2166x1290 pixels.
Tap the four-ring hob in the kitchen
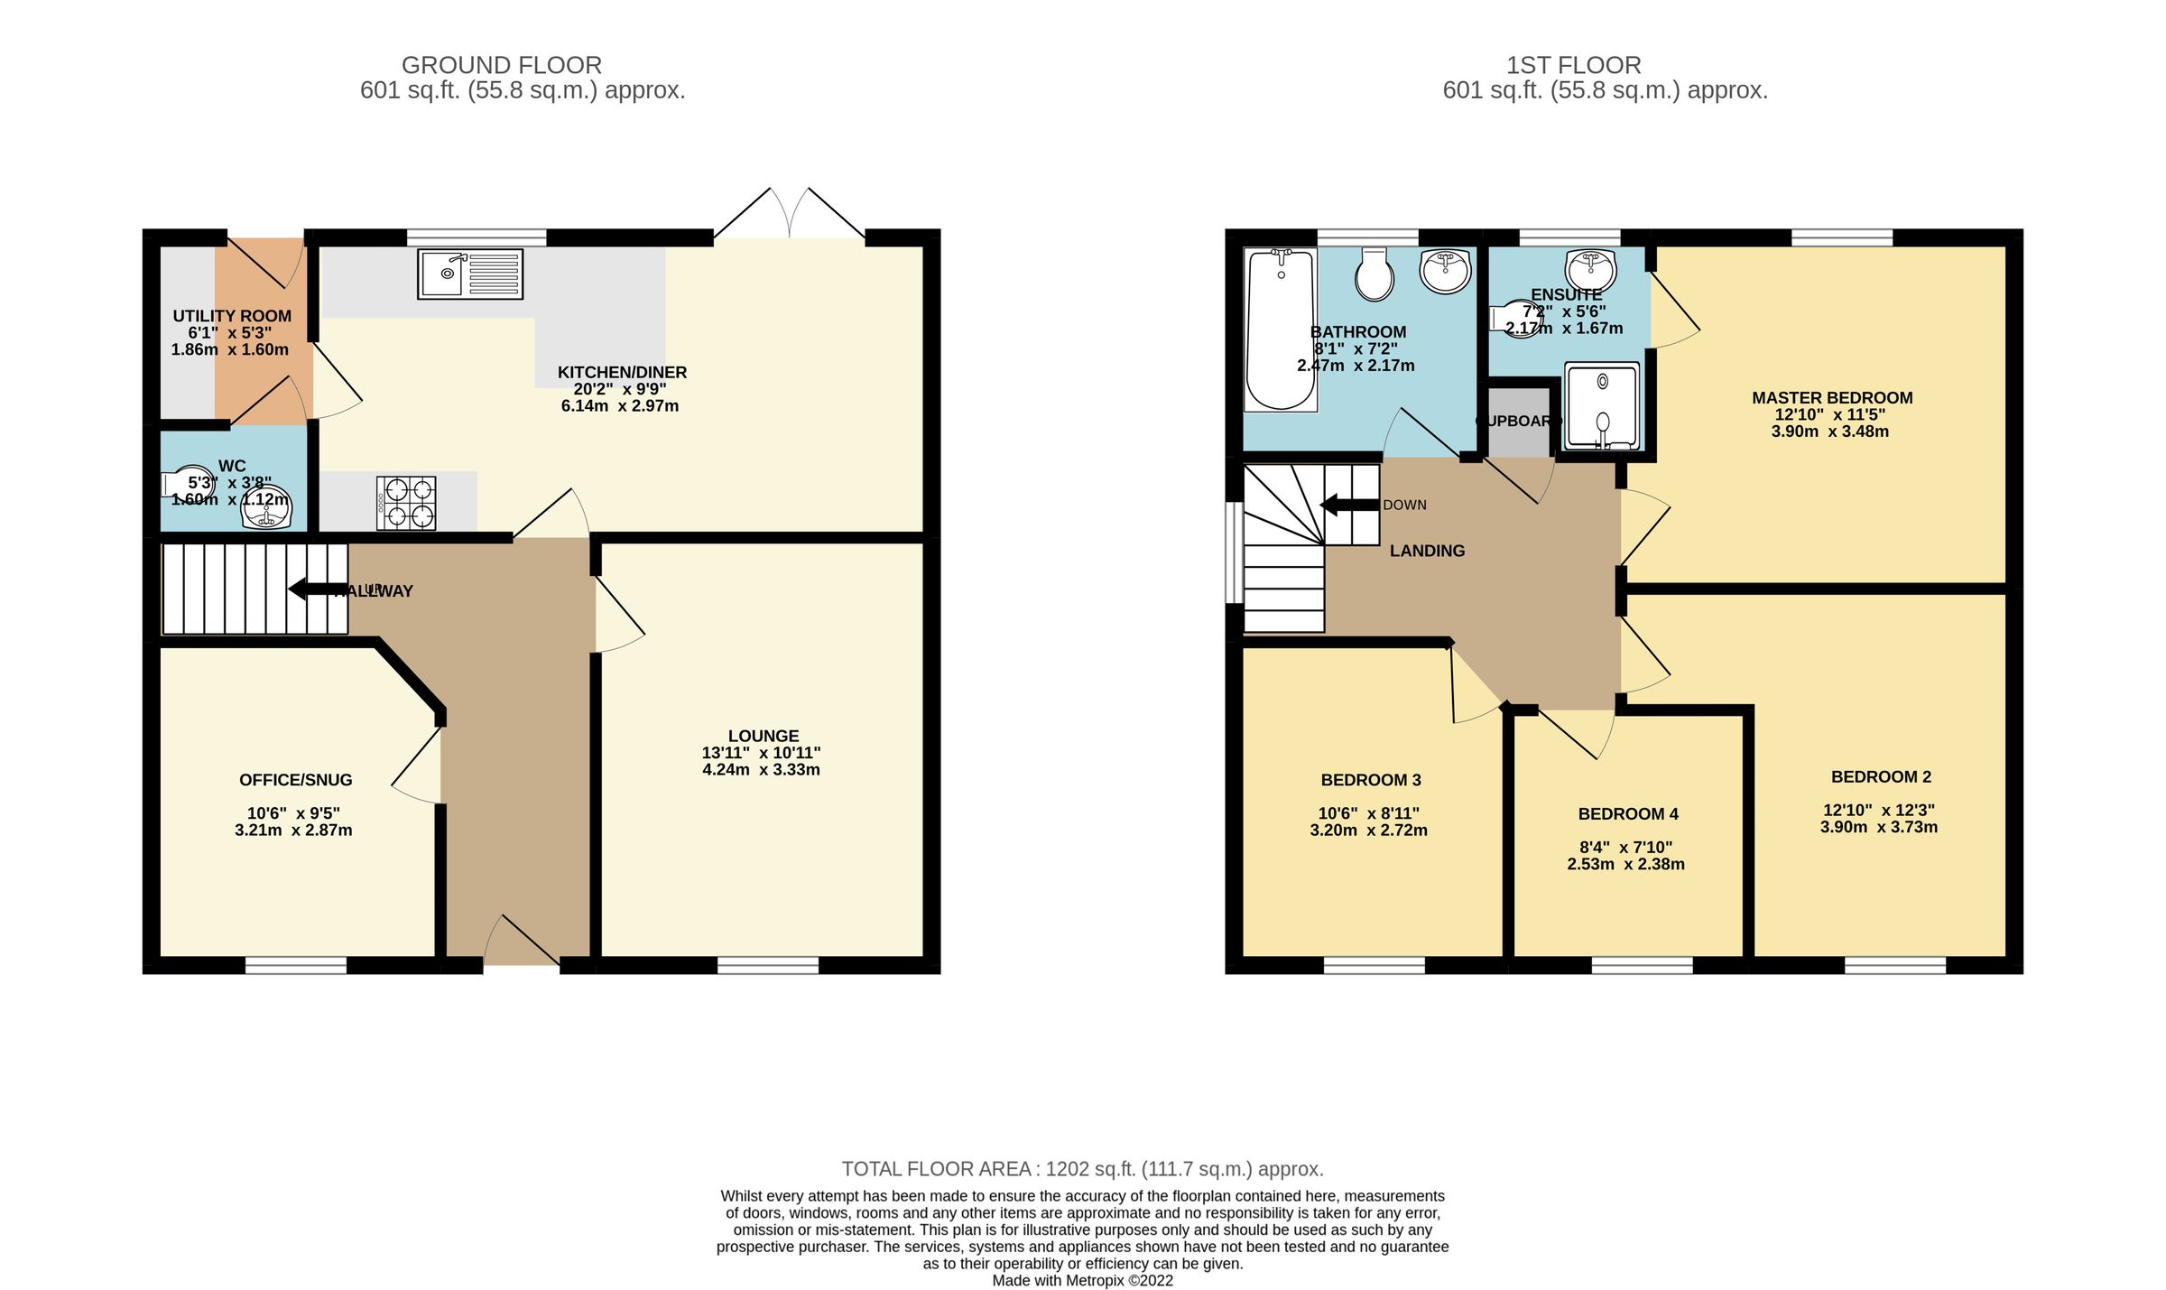[x=406, y=504]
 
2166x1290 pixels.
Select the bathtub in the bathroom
[x=1280, y=330]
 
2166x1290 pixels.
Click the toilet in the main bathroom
[x=1375, y=274]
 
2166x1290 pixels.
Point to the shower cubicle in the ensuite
[x=1602, y=406]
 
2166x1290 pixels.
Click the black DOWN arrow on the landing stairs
[x=1349, y=505]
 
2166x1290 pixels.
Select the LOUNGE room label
[x=764, y=736]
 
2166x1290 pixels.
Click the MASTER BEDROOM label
[x=1832, y=398]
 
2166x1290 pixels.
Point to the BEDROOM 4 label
[x=1628, y=814]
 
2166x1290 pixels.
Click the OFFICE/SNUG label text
[x=295, y=780]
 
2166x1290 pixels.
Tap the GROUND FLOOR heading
[x=501, y=65]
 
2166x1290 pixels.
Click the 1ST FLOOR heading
[x=1573, y=65]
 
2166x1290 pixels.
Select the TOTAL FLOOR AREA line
[x=1082, y=1169]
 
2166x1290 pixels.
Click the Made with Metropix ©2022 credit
[x=1082, y=1280]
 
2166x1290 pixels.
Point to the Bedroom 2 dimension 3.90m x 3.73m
[x=1878, y=827]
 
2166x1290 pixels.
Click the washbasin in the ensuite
[x=1590, y=268]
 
